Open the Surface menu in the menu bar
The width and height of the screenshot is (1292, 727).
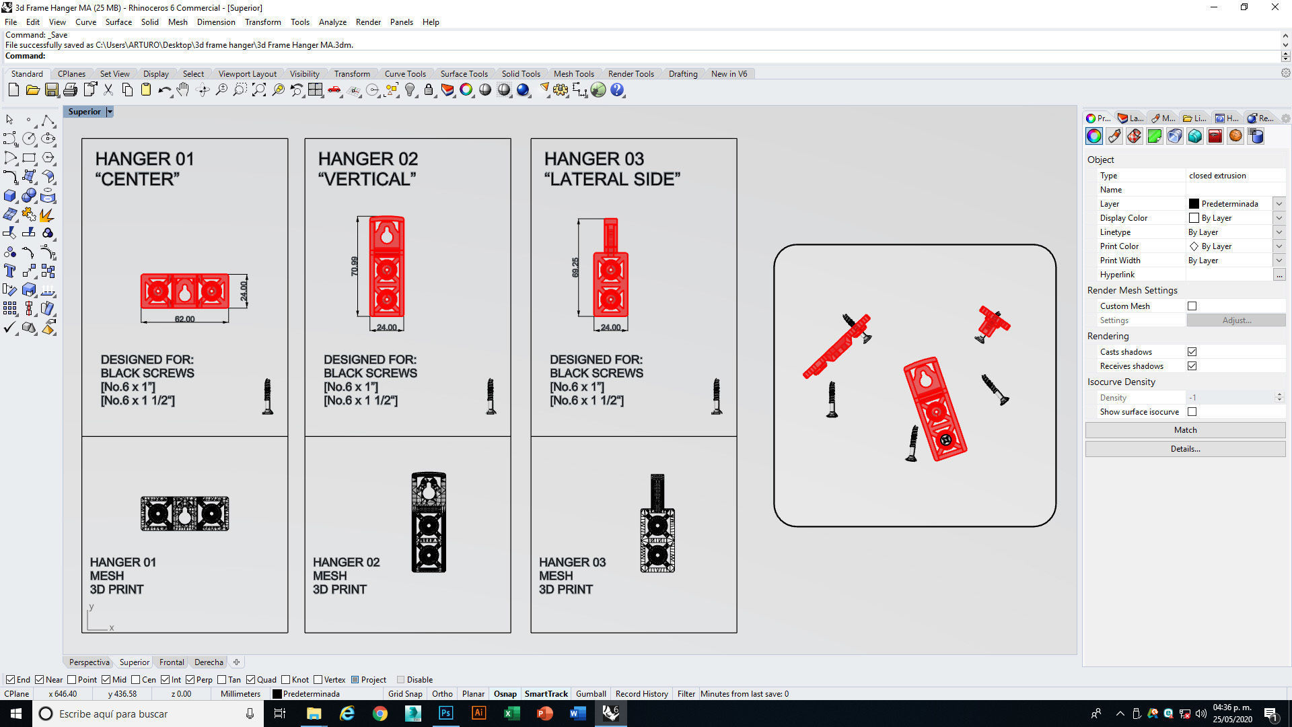[x=118, y=22]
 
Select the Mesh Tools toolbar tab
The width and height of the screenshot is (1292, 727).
[x=573, y=74]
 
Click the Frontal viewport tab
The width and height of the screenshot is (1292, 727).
[x=172, y=662]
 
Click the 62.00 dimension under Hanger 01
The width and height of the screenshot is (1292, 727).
[x=184, y=319]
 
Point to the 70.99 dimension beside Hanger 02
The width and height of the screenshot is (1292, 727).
[x=355, y=266]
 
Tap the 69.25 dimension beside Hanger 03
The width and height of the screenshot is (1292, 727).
[x=575, y=267]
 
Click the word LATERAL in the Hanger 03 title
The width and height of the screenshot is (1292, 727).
[x=594, y=179]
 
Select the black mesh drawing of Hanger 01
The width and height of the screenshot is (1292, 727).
[x=185, y=514]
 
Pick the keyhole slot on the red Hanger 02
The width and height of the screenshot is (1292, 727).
[x=387, y=235]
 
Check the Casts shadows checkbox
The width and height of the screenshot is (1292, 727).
[x=1192, y=352]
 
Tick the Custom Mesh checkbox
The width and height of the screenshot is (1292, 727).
[x=1192, y=306]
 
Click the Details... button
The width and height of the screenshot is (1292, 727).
[x=1185, y=449]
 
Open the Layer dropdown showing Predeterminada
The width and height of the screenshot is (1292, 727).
[x=1279, y=204]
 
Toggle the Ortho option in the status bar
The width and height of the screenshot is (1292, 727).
[x=442, y=694]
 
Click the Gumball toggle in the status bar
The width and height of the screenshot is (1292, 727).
[x=591, y=694]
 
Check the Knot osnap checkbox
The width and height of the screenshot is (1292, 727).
[x=286, y=680]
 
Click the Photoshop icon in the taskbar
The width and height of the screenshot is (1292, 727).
[x=445, y=714]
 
